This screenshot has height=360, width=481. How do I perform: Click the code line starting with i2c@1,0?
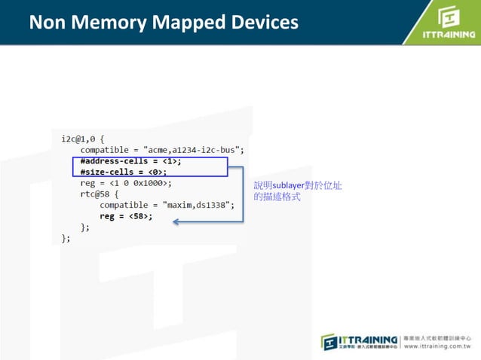pyautogui.click(x=83, y=139)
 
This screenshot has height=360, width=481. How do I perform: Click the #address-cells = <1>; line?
pyautogui.click(x=130, y=161)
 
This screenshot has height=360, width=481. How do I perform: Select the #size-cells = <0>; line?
pyautogui.click(x=124, y=172)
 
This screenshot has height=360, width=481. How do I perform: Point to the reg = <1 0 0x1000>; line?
pyautogui.click(x=126, y=183)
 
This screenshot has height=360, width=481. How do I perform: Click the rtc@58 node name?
pyautogui.click(x=96, y=194)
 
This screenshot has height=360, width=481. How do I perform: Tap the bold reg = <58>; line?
pyautogui.click(x=126, y=216)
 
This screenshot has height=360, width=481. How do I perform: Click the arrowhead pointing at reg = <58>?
pyautogui.click(x=176, y=221)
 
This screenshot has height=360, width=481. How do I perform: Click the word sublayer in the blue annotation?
pyautogui.click(x=287, y=185)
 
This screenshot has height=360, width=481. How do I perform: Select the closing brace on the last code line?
pyautogui.click(x=65, y=238)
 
